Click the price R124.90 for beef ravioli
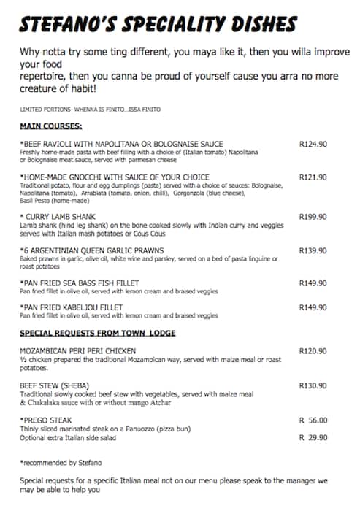click(x=313, y=144)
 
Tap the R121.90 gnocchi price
click(x=313, y=177)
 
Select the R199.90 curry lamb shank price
click(x=313, y=217)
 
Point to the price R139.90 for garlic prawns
click(x=313, y=250)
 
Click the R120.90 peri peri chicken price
click(x=313, y=351)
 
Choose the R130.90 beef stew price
click(x=313, y=385)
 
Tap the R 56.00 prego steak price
click(x=313, y=420)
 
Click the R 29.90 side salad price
click(x=313, y=437)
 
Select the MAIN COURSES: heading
click(x=50, y=126)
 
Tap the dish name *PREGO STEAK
click(x=47, y=420)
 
